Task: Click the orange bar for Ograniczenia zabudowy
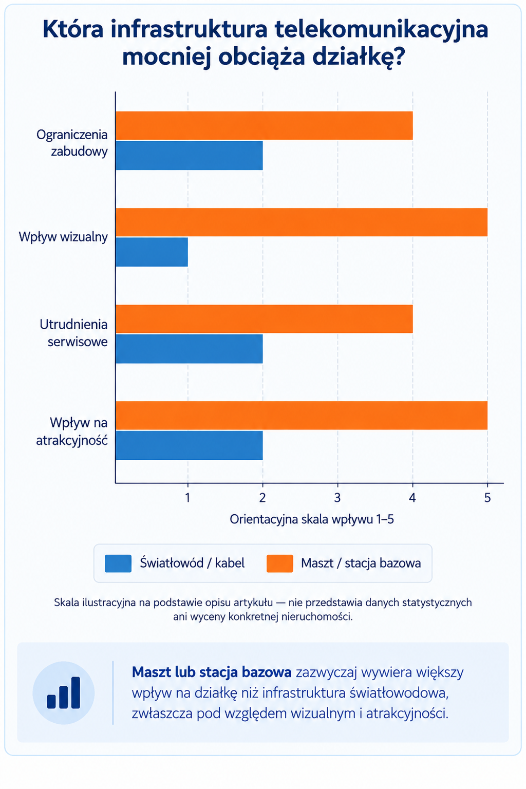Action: tap(264, 125)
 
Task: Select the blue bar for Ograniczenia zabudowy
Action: tap(189, 155)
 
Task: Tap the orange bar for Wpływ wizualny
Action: tap(302, 222)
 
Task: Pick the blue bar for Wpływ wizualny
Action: tap(152, 252)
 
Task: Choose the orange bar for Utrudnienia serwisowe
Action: tap(264, 319)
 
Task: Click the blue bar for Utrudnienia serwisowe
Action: tap(189, 349)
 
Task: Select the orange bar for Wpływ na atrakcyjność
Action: tap(302, 415)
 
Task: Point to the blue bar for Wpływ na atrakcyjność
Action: tap(189, 445)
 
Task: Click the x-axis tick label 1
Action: tap(188, 498)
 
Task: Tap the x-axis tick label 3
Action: tap(337, 498)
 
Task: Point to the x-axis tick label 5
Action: tap(487, 498)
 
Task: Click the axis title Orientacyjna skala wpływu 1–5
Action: tap(312, 519)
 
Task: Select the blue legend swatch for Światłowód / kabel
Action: tap(118, 563)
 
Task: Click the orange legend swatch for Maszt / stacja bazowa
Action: tap(280, 563)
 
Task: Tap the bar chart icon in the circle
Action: tap(64, 692)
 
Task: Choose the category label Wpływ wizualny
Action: tap(63, 237)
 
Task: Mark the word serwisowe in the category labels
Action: tap(78, 342)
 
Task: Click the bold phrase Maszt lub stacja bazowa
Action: tap(212, 672)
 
